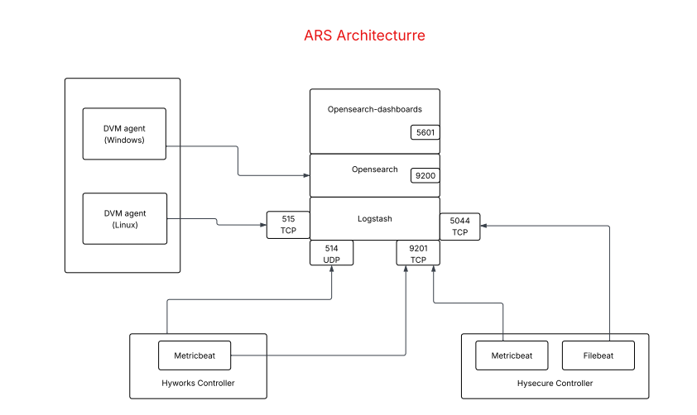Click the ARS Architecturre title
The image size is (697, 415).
point(364,36)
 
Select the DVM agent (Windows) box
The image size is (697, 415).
point(124,134)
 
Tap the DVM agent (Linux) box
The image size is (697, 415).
point(124,219)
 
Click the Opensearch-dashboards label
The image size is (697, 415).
point(374,109)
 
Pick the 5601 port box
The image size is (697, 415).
point(425,132)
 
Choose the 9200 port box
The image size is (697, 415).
point(425,175)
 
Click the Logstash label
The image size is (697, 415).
point(374,219)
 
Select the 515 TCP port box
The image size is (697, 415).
point(288,225)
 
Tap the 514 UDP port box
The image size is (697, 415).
point(331,253)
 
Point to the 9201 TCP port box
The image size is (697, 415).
point(418,253)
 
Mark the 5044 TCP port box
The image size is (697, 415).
point(459,227)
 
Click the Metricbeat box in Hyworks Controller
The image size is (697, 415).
point(195,356)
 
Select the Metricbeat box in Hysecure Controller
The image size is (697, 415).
point(512,356)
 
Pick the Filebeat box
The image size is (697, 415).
point(598,356)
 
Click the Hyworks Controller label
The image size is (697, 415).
point(198,384)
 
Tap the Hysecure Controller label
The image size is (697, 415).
point(555,384)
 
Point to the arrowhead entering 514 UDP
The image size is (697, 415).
point(332,270)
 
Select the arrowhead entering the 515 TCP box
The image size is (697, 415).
point(262,225)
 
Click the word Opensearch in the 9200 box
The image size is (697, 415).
point(374,169)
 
